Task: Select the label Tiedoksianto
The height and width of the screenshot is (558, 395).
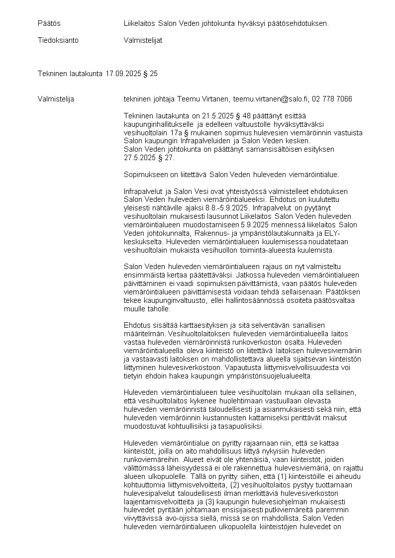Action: point(58,40)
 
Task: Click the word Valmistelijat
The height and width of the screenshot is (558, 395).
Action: point(143,40)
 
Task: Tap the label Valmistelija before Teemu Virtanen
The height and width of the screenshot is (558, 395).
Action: point(56,99)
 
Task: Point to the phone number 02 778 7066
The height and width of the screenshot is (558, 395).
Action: point(332,99)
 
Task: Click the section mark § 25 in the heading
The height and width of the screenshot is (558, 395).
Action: point(151,74)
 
